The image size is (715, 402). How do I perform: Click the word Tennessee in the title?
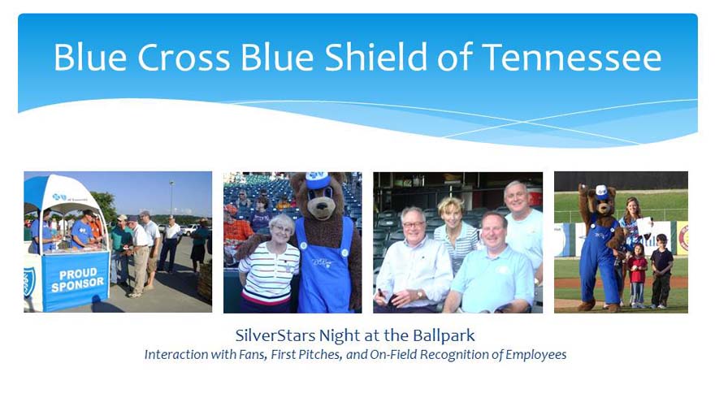571,58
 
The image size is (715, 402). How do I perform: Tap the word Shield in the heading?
375,57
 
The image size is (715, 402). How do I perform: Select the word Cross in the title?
184,58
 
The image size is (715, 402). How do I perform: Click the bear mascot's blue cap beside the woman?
318,179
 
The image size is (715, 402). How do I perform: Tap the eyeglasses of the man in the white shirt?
413,225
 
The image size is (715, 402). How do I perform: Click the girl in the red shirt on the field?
638,274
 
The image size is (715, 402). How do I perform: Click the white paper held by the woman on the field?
643,227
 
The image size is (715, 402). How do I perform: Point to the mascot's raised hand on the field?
583,188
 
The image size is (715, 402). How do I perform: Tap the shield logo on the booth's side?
29,282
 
